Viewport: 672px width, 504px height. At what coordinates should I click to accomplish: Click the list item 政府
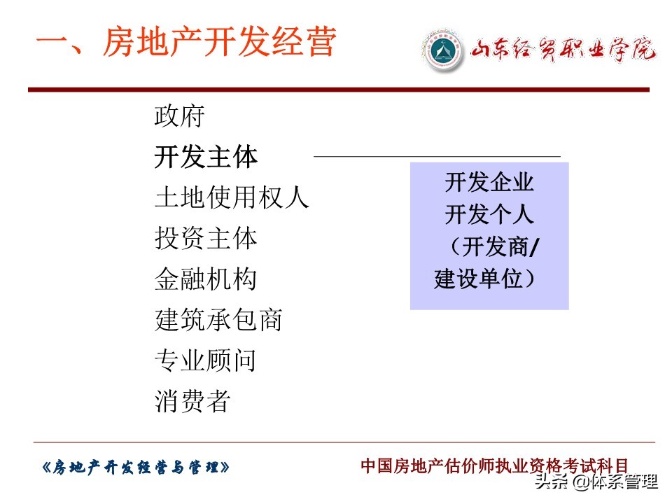click(179, 116)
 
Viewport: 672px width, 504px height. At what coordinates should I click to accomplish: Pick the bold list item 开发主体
click(206, 157)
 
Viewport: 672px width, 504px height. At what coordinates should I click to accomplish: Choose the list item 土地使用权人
click(231, 198)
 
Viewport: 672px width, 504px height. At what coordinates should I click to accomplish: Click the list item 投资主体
click(206, 239)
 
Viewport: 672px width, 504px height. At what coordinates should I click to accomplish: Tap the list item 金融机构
click(206, 279)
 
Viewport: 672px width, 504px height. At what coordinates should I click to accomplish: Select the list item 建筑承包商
click(218, 320)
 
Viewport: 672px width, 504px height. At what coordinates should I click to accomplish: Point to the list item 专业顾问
click(206, 360)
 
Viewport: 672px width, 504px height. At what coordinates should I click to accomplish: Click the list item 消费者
click(192, 401)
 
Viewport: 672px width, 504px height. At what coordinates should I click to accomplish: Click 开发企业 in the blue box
click(489, 183)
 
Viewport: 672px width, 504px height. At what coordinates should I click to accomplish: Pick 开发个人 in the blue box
click(489, 216)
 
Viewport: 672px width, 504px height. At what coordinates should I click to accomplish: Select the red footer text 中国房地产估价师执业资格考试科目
click(494, 465)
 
